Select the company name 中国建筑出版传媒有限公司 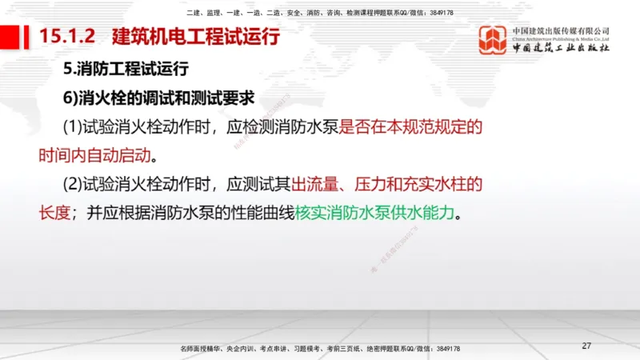click(561, 30)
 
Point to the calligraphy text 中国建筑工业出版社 click(561, 48)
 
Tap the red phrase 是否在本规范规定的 click(411, 126)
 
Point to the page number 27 click(586, 346)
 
